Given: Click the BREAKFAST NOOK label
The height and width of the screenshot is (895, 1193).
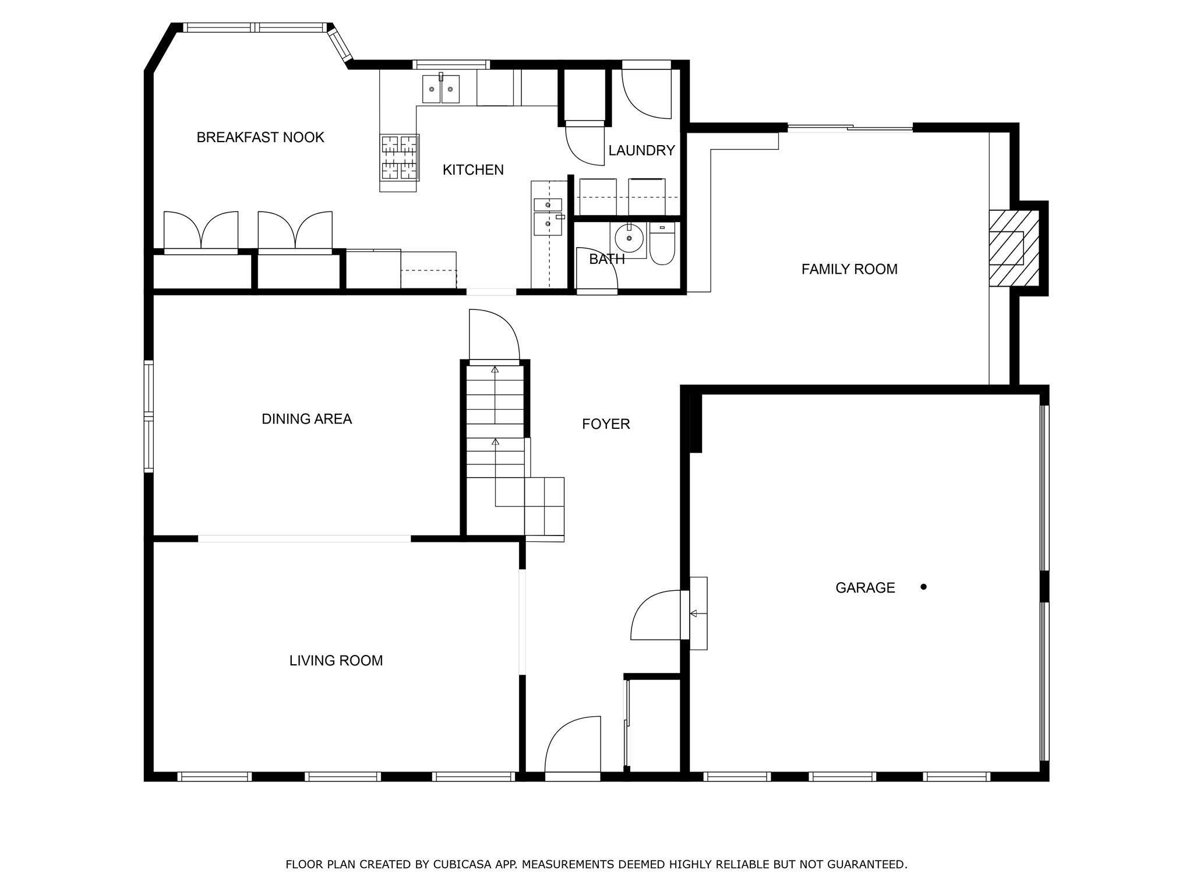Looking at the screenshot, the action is pos(260,138).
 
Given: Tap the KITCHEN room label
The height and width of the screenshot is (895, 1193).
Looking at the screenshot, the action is pos(473,170).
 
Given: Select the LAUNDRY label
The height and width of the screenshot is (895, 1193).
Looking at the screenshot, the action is pos(641,151).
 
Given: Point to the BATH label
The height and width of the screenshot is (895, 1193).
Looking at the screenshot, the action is pos(606,259).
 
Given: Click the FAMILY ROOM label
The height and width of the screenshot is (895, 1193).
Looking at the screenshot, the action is pos(849,269).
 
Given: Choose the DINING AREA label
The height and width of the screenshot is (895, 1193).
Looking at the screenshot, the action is pos(306,419).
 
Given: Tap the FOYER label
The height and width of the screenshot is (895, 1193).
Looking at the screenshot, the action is pos(606,424).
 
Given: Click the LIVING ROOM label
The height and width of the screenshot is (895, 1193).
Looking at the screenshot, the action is pos(336,661).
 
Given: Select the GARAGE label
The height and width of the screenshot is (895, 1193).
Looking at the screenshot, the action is pos(865,588).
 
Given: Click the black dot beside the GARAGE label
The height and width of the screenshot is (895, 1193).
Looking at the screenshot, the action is pos(923,587).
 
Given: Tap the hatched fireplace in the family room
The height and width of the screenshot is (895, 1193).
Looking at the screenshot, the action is pos(1014,248).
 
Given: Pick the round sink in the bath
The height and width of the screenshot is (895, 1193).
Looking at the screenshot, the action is pos(629,238).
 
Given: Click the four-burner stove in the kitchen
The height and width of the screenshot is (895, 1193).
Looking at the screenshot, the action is pos(399,157).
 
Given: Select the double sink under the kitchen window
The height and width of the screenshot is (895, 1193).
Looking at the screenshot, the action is pos(440,89).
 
